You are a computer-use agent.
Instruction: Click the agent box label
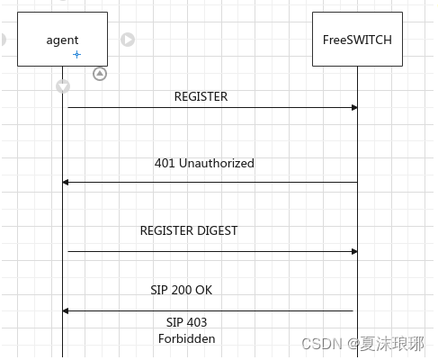(62, 40)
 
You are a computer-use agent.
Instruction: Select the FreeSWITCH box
(357, 40)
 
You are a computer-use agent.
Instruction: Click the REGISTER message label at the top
(201, 96)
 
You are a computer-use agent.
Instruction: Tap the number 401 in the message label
(165, 163)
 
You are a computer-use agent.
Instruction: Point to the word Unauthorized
(216, 163)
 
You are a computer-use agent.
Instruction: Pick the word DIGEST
(217, 230)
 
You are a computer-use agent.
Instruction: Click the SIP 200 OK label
(181, 290)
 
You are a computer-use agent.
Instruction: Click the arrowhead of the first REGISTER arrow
(354, 108)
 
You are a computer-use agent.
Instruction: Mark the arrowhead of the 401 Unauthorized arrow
(66, 182)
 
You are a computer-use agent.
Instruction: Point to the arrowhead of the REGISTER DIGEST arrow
(354, 251)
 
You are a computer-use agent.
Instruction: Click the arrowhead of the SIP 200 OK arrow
(66, 310)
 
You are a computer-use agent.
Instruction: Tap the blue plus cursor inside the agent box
(76, 55)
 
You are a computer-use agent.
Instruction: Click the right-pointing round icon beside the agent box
(128, 40)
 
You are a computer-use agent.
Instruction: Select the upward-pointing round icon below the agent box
(100, 74)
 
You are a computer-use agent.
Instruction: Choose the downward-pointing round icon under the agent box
(63, 86)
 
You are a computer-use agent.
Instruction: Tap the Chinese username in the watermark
(397, 343)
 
